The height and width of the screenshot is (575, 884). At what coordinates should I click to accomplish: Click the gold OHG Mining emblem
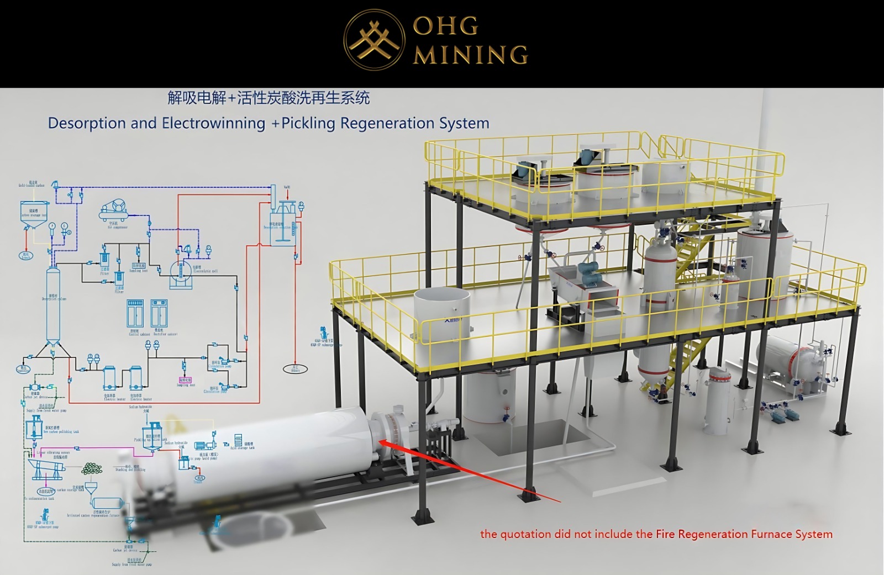(x=373, y=39)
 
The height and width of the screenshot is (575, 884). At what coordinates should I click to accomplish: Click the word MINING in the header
(x=471, y=55)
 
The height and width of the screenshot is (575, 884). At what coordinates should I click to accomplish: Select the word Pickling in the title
(x=309, y=123)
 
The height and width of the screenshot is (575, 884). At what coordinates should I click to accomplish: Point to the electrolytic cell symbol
(x=181, y=272)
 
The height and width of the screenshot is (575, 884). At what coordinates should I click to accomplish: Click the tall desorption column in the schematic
(x=52, y=304)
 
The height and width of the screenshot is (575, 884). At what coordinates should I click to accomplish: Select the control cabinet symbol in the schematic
(x=135, y=314)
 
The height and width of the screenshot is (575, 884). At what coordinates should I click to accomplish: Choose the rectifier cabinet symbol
(x=159, y=314)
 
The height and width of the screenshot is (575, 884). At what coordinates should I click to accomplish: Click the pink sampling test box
(x=185, y=380)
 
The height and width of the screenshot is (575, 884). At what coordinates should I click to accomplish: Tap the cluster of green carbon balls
(x=92, y=469)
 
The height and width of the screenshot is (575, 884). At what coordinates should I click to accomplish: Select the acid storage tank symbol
(x=238, y=440)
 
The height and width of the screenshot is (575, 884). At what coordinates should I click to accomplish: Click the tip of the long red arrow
(x=380, y=441)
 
